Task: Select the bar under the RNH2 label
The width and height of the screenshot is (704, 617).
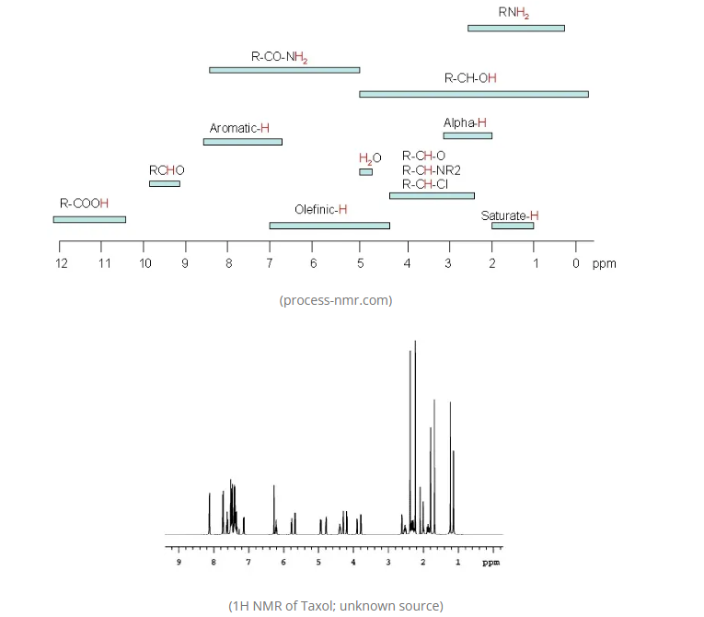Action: [x=515, y=29]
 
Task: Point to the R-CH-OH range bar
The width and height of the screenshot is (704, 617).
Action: [x=473, y=94]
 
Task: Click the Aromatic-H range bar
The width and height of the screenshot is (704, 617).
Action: [x=242, y=142]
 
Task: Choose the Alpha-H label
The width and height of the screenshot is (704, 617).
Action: [x=465, y=122]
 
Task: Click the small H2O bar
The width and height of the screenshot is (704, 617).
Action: [x=365, y=172]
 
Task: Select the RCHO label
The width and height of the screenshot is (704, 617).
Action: [x=167, y=170]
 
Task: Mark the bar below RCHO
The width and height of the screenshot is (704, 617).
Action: [x=165, y=184]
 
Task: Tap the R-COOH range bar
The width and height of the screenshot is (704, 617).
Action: [x=89, y=219]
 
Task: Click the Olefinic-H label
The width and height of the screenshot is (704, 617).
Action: [x=320, y=209]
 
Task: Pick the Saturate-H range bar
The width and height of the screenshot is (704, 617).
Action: [x=512, y=226]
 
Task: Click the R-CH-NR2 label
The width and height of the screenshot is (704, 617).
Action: [x=432, y=170]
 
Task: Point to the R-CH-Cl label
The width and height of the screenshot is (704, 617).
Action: [x=425, y=184]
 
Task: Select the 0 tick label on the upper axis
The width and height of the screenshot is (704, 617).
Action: [x=576, y=264]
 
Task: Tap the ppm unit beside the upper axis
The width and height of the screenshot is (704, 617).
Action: [x=604, y=264]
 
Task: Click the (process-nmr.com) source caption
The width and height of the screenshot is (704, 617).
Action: [x=336, y=300]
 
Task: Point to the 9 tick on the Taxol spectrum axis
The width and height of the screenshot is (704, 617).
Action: [x=179, y=561]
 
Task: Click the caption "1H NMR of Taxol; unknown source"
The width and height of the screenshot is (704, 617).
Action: [x=336, y=605]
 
